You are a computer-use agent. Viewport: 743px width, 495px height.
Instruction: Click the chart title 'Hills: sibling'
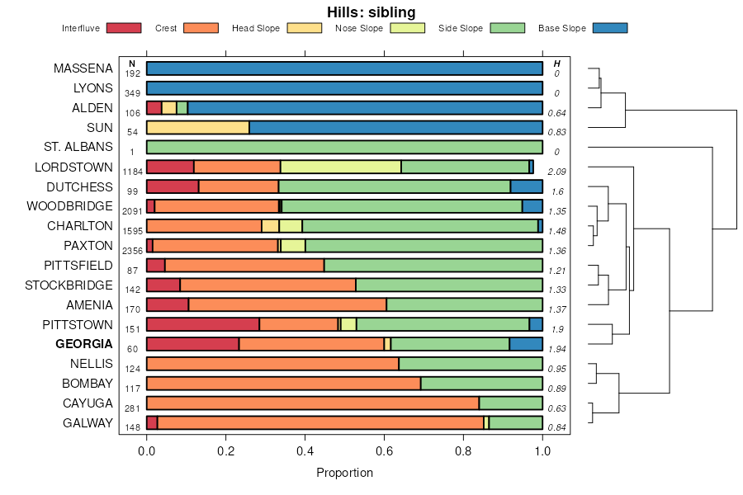coord(371,12)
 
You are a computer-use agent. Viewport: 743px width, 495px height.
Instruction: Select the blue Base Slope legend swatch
coord(610,28)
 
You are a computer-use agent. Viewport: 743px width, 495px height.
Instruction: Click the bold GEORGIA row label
coord(84,344)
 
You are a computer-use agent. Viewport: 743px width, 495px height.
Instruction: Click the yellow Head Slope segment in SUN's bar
coord(198,127)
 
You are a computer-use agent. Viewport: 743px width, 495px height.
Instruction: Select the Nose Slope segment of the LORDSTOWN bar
coord(341,167)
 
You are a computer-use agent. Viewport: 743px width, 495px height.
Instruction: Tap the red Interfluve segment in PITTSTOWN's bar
coord(203,324)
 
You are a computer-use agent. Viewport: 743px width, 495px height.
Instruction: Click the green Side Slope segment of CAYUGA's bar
coord(511,403)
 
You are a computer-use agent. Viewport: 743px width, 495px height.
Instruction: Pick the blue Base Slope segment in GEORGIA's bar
coord(526,344)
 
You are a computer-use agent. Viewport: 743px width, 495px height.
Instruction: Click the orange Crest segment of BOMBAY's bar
coord(283,384)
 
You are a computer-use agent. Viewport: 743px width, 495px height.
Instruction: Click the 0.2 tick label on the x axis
coord(226,450)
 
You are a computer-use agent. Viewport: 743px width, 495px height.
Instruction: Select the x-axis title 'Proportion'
coord(344,473)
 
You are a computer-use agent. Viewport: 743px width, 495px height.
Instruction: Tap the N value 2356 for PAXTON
coord(132,252)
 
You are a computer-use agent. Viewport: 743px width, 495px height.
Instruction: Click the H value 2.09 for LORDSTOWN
coord(557,172)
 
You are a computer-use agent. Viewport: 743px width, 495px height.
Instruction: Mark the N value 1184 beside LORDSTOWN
coord(132,172)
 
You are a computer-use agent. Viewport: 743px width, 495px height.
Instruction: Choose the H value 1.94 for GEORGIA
coord(557,350)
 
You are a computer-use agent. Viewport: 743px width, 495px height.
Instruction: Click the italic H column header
coord(557,64)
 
